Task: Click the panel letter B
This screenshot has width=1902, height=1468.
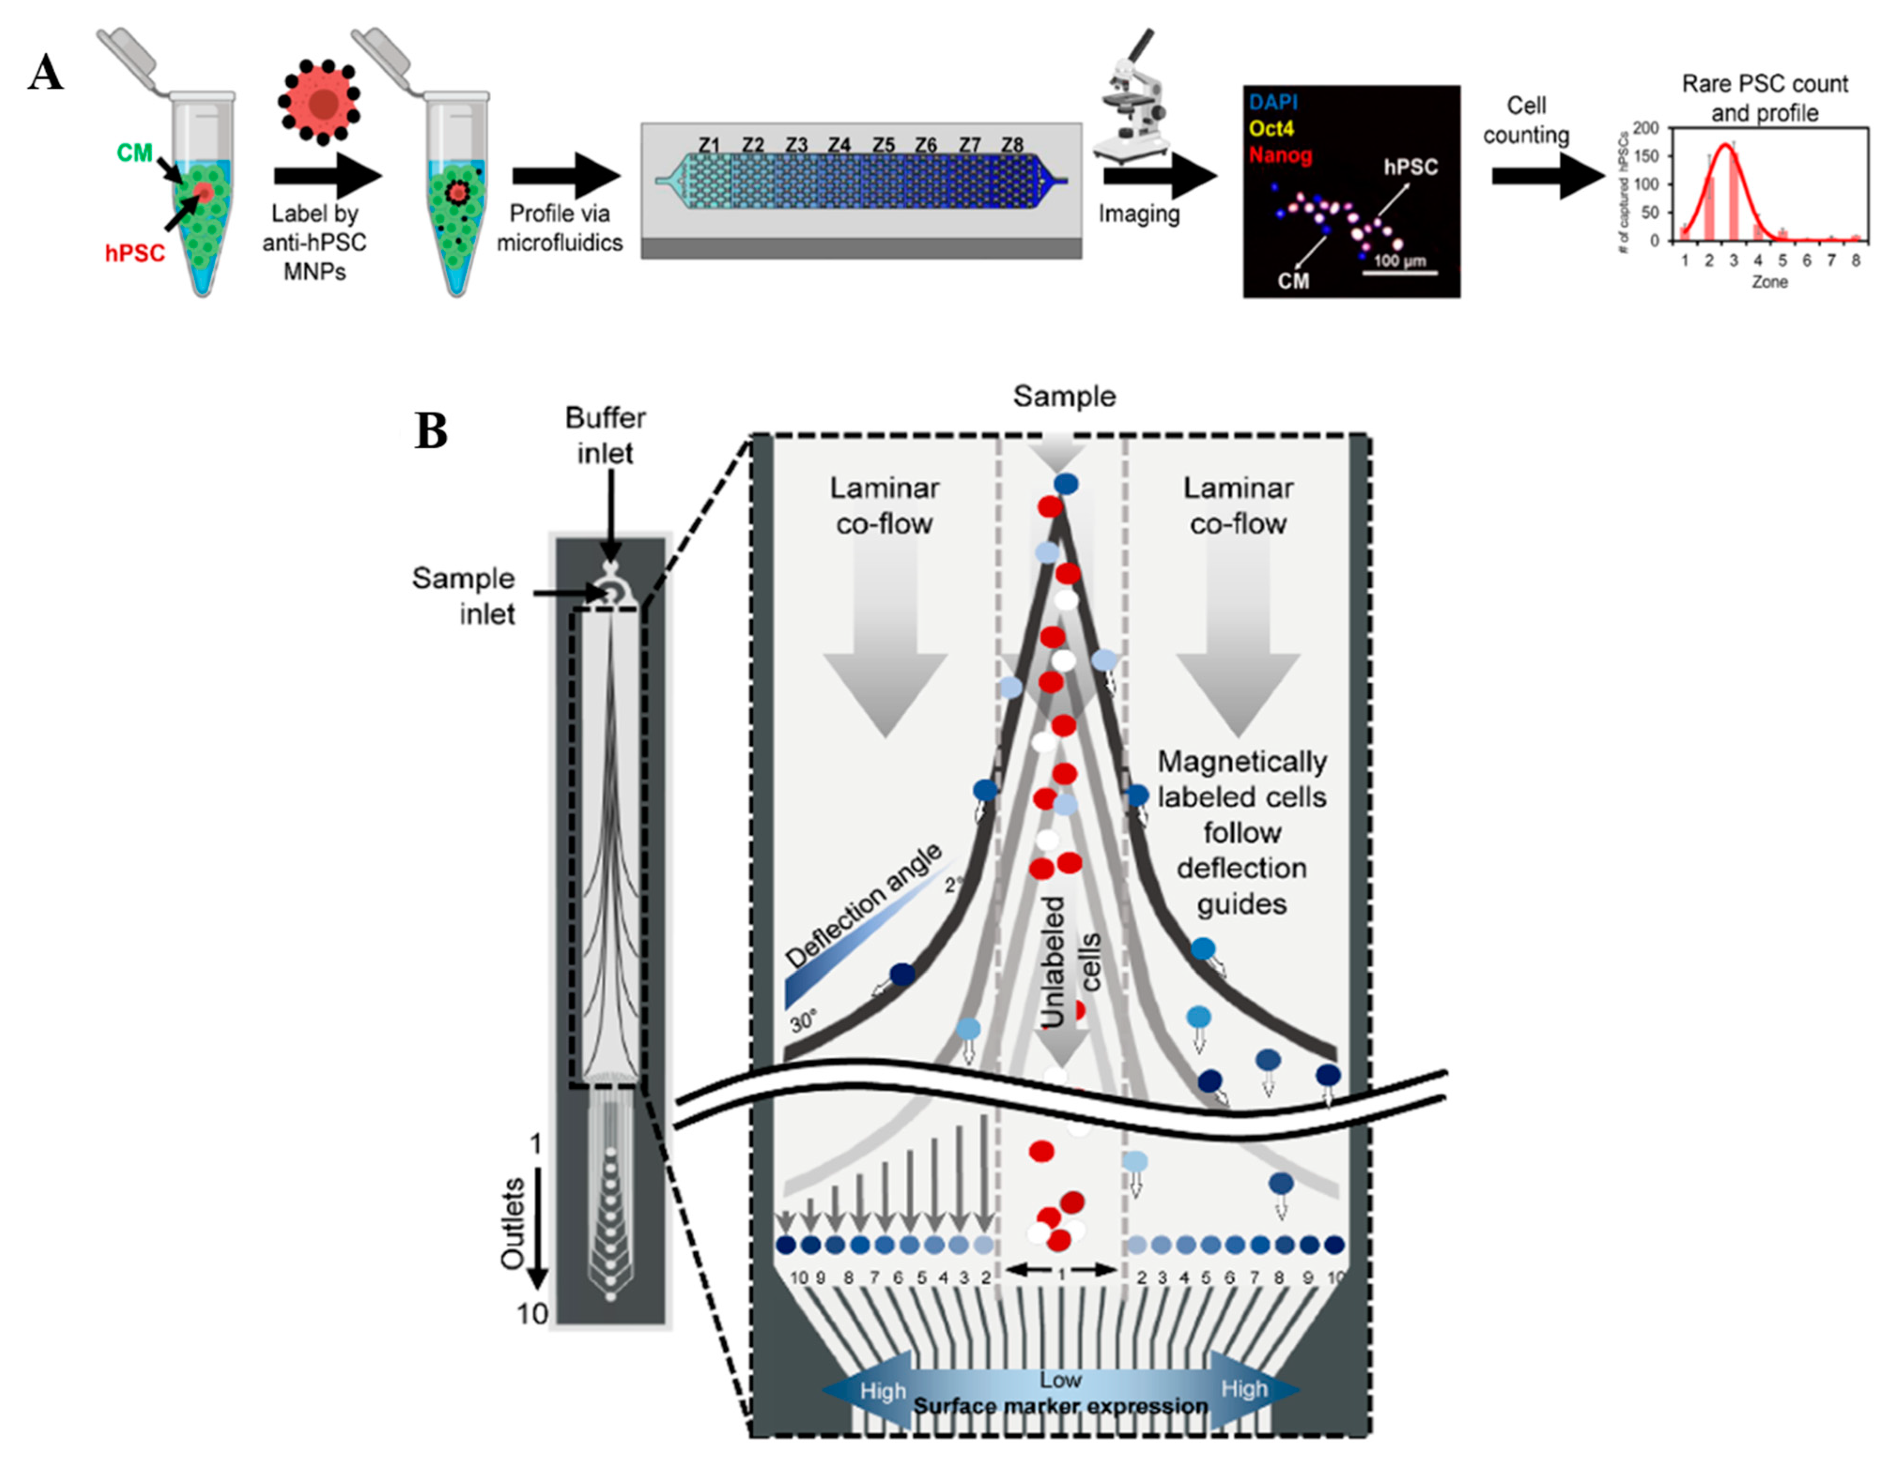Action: point(430,430)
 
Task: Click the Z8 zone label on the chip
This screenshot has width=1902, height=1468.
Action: point(1011,145)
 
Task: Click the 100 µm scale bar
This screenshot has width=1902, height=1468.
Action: point(1400,273)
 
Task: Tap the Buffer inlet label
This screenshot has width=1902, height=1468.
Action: point(605,436)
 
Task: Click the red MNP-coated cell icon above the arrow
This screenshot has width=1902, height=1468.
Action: point(323,102)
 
